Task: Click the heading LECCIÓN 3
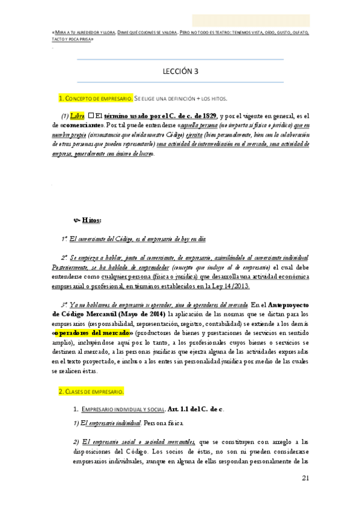(180, 70)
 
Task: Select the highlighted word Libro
(78, 115)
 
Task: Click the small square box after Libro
(91, 115)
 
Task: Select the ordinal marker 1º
(65, 239)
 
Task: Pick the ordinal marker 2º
(65, 257)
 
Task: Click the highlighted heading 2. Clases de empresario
(91, 391)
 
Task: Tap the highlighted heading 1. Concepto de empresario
(94, 97)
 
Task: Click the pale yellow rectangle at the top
(251, 20)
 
